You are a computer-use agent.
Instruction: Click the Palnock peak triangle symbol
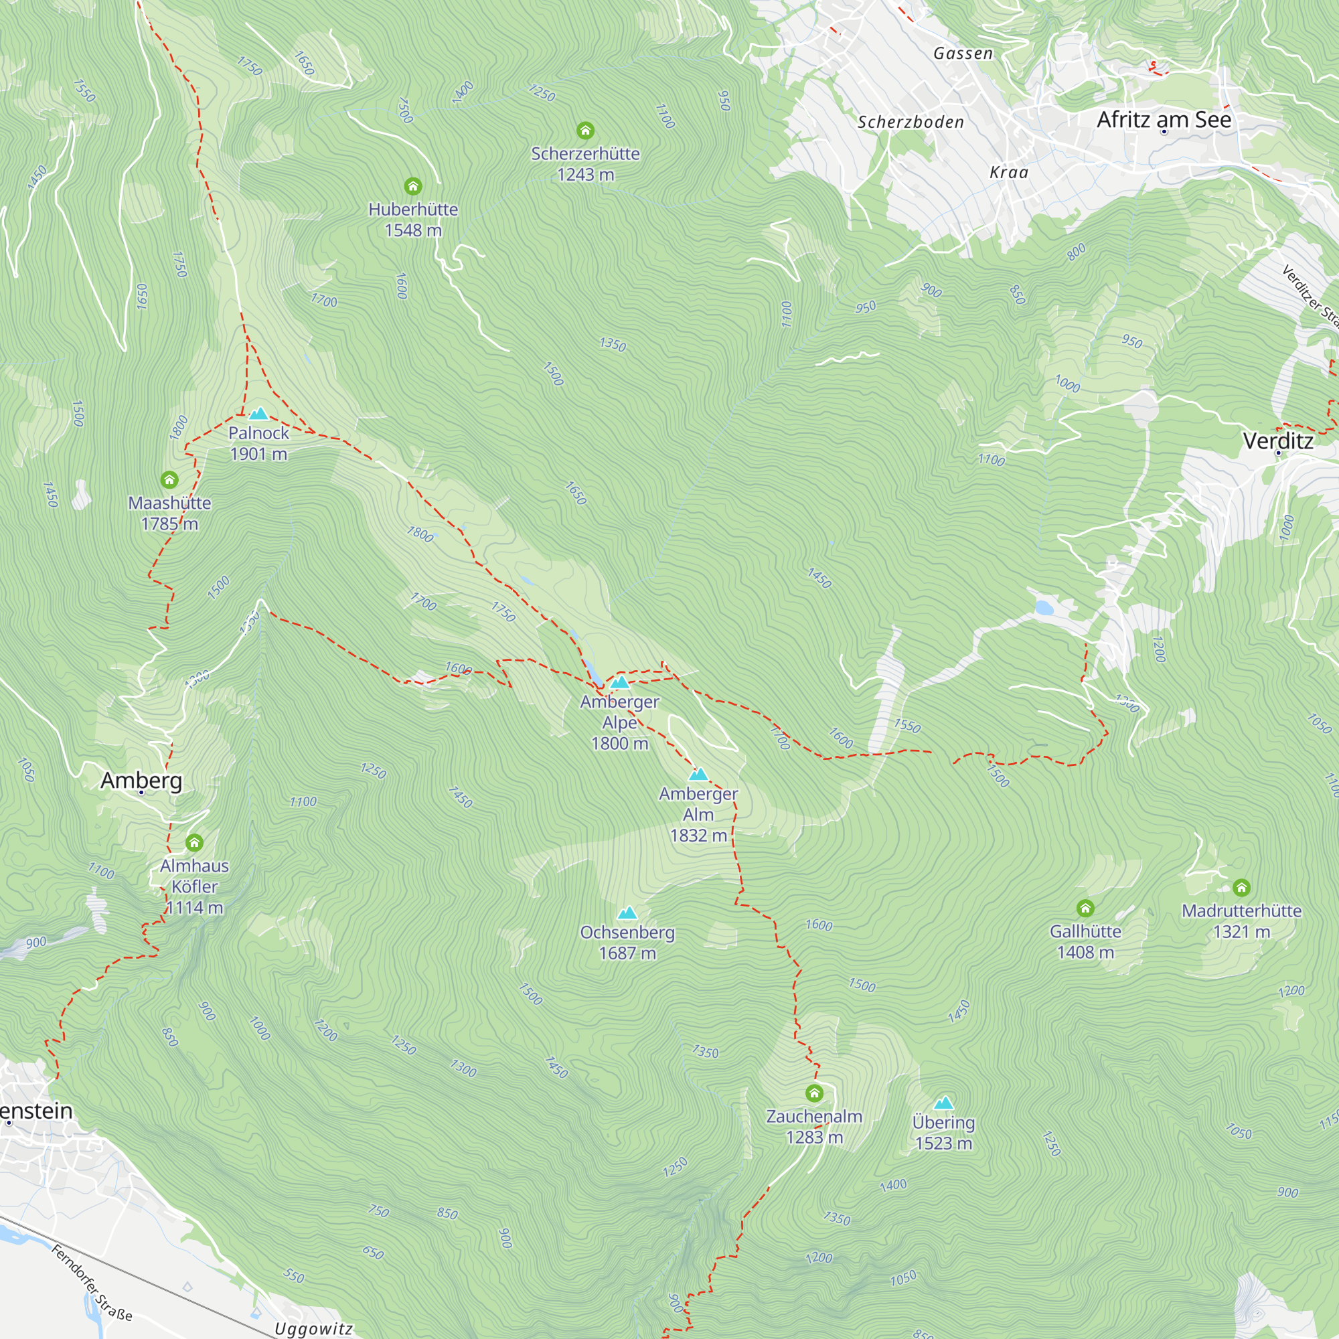coord(258,414)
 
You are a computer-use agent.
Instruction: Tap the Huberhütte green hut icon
coord(413,185)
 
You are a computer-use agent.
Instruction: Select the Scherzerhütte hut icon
coord(585,131)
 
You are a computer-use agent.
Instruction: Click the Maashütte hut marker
coord(169,479)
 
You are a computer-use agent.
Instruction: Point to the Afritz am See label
coord(1164,120)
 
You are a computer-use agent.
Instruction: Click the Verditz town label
coord(1277,441)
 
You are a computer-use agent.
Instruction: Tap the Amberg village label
coord(141,781)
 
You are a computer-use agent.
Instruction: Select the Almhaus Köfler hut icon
coord(194,843)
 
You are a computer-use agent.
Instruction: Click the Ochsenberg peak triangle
coord(627,913)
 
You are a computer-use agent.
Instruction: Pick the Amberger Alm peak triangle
coord(698,774)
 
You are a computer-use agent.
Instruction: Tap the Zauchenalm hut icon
coord(813,1094)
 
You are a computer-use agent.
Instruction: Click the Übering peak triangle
coord(943,1103)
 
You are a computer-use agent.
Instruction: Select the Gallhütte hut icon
coord(1085,908)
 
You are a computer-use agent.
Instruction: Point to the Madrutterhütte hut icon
coord(1241,887)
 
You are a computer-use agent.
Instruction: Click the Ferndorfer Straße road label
coord(92,1283)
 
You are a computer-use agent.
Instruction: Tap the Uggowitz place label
coord(313,1328)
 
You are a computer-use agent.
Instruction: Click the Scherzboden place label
coord(910,122)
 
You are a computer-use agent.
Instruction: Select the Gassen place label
coord(963,54)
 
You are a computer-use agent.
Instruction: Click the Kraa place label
coord(1008,173)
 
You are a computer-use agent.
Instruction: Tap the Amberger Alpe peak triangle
coord(619,683)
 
